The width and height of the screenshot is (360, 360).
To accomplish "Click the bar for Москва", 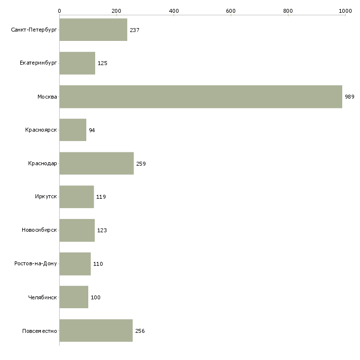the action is point(201,97).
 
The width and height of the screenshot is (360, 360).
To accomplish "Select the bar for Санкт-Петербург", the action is point(93,30).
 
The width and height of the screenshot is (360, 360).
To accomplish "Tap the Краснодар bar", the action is point(97,163).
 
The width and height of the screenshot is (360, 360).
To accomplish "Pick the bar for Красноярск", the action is point(73,130).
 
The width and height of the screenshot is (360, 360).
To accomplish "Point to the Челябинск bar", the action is point(74,297).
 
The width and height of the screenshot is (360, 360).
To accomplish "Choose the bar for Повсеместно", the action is point(96,330).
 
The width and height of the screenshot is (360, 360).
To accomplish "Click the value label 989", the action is point(350,97).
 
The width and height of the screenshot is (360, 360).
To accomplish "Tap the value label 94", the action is point(92,130).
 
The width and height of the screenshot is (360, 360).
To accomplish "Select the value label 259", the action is point(141,164).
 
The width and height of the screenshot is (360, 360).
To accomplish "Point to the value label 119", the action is point(101,197).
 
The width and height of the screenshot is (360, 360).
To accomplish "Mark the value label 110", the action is point(98,264).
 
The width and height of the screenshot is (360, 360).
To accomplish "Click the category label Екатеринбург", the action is point(38,63).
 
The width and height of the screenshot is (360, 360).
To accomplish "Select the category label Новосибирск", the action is point(39,230).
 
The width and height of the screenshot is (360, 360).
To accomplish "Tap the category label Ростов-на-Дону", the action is point(36,263).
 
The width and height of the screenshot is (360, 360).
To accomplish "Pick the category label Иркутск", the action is point(46,197).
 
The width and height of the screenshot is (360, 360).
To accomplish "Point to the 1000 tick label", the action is point(345,11).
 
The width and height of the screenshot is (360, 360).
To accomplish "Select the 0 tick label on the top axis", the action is point(60,11).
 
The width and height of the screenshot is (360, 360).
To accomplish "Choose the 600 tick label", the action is point(231,11).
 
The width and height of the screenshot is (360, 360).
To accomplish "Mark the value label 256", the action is point(140,331).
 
